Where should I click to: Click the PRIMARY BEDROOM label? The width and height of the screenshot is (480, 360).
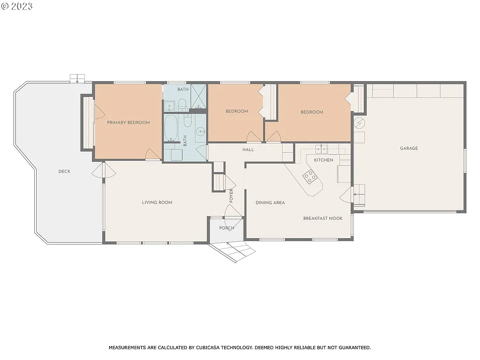point(128,123)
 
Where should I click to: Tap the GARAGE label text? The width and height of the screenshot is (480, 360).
point(409,149)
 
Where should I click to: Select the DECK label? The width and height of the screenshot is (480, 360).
point(64,172)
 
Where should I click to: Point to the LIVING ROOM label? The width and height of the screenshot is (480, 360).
point(157,202)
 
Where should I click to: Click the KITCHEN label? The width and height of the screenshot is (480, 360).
point(323,160)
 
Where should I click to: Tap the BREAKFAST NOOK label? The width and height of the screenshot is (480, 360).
point(322,218)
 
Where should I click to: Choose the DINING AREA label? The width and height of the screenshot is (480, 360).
point(270,203)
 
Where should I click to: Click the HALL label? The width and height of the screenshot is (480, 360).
point(248,150)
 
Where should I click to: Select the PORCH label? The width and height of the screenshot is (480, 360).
point(226,228)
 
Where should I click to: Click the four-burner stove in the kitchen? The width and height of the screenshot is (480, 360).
point(309,177)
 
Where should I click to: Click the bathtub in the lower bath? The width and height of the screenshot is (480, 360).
point(171,127)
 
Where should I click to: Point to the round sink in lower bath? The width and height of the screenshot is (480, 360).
point(201,132)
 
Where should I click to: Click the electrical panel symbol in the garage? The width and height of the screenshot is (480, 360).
point(360,123)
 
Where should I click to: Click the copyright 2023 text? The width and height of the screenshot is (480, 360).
point(17,6)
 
